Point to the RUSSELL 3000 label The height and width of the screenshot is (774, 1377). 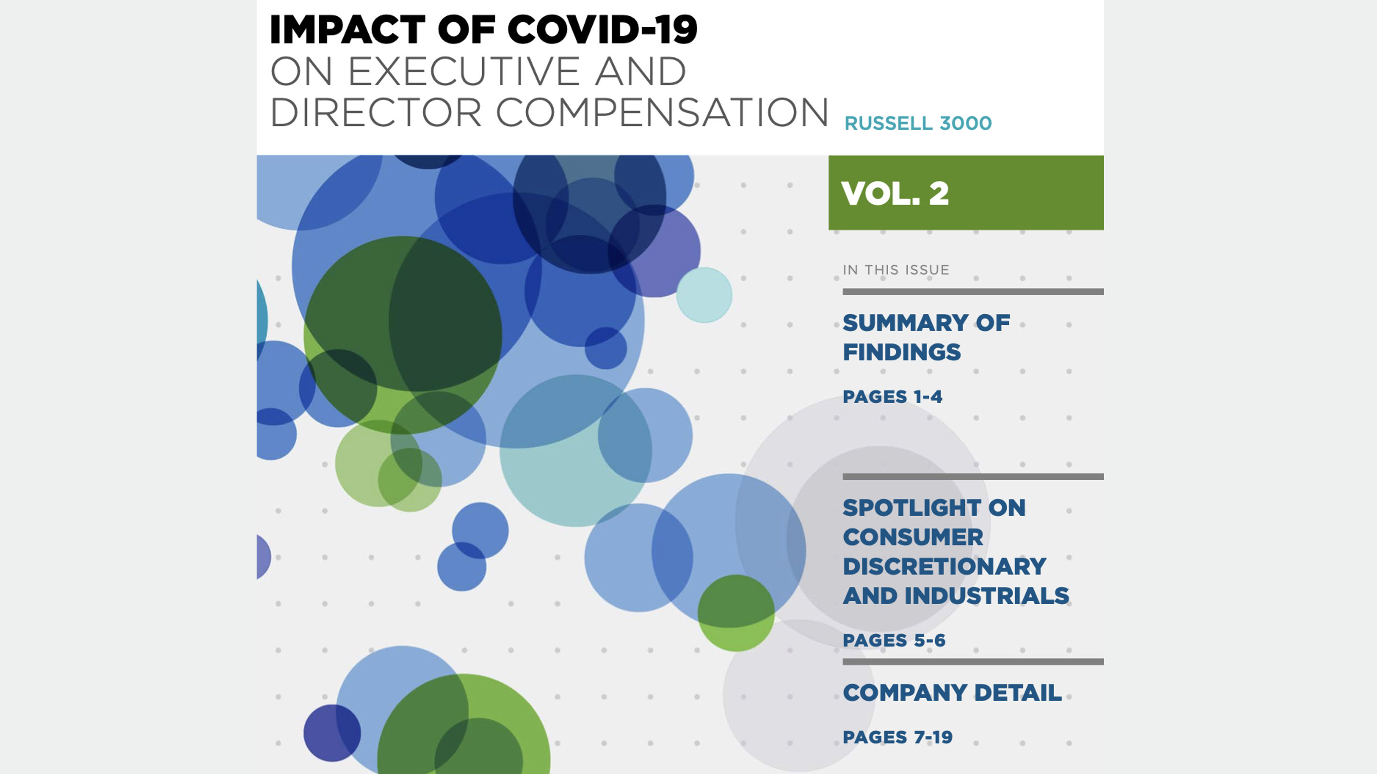click(x=918, y=123)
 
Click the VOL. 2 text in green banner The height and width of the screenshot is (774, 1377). click(x=895, y=193)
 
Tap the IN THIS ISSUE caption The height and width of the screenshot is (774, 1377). click(x=896, y=270)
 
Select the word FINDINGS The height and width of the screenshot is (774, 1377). click(x=902, y=352)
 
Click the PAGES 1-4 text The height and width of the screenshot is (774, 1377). click(x=892, y=397)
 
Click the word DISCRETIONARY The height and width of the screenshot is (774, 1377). click(x=945, y=566)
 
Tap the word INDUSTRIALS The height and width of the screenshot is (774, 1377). click(x=986, y=596)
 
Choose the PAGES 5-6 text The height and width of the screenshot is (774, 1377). click(x=894, y=640)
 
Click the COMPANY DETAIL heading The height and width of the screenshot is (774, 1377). click(x=952, y=692)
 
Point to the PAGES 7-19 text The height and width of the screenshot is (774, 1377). click(x=898, y=737)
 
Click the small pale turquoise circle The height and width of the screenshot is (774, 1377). click(x=704, y=295)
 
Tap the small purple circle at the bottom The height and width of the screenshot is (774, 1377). click(x=332, y=733)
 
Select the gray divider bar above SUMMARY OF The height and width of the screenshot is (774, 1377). click(x=973, y=292)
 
